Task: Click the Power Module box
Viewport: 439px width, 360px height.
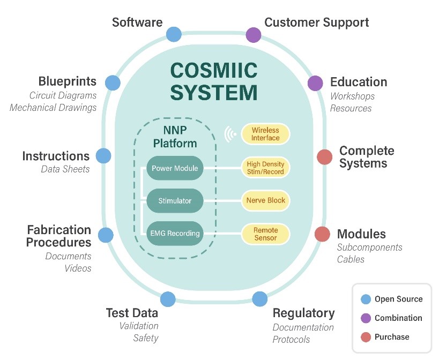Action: pyautogui.click(x=175, y=168)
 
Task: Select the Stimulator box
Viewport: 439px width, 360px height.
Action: pyautogui.click(x=175, y=201)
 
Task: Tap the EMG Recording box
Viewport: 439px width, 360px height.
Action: pyautogui.click(x=175, y=233)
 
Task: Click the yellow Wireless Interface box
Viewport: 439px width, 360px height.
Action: pyautogui.click(x=265, y=134)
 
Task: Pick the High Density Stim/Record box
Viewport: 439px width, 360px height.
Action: pyautogui.click(x=265, y=168)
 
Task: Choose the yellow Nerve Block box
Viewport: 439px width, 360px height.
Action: pyautogui.click(x=265, y=201)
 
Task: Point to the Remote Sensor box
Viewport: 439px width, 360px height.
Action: pyautogui.click(x=265, y=234)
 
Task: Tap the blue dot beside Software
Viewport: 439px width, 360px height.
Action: pyautogui.click(x=174, y=35)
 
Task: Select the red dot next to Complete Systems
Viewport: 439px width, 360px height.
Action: pyautogui.click(x=324, y=157)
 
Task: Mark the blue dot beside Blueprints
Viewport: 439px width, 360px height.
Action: pyautogui.click(x=112, y=82)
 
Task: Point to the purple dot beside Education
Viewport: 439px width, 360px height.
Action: pyautogui.click(x=315, y=83)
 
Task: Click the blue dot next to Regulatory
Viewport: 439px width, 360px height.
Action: pyautogui.click(x=260, y=299)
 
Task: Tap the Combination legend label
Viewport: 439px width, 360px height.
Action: pyautogui.click(x=398, y=318)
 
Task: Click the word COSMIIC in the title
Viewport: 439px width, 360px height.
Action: pyautogui.click(x=214, y=70)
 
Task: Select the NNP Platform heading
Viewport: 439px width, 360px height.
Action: pyautogui.click(x=175, y=137)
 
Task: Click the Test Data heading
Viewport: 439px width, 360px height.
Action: pyautogui.click(x=132, y=313)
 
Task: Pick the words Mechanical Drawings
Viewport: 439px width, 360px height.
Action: pyautogui.click(x=53, y=107)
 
